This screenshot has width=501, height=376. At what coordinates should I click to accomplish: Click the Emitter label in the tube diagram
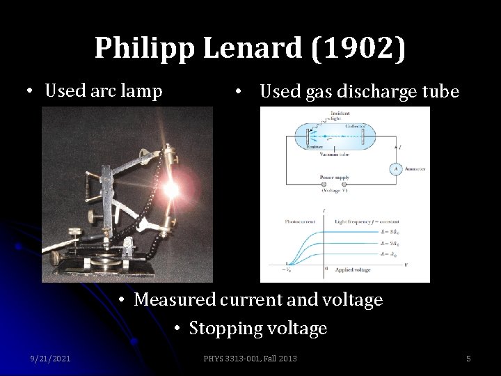click(313, 146)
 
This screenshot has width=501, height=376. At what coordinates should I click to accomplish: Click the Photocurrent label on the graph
click(300, 221)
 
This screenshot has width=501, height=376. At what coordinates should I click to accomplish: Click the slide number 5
click(468, 359)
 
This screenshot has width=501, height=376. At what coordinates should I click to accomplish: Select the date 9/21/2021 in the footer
click(50, 359)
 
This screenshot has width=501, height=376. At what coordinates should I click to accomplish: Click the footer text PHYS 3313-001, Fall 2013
click(250, 359)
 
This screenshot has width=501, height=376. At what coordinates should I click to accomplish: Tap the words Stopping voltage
click(257, 328)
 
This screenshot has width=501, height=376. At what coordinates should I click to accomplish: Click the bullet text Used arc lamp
click(103, 91)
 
